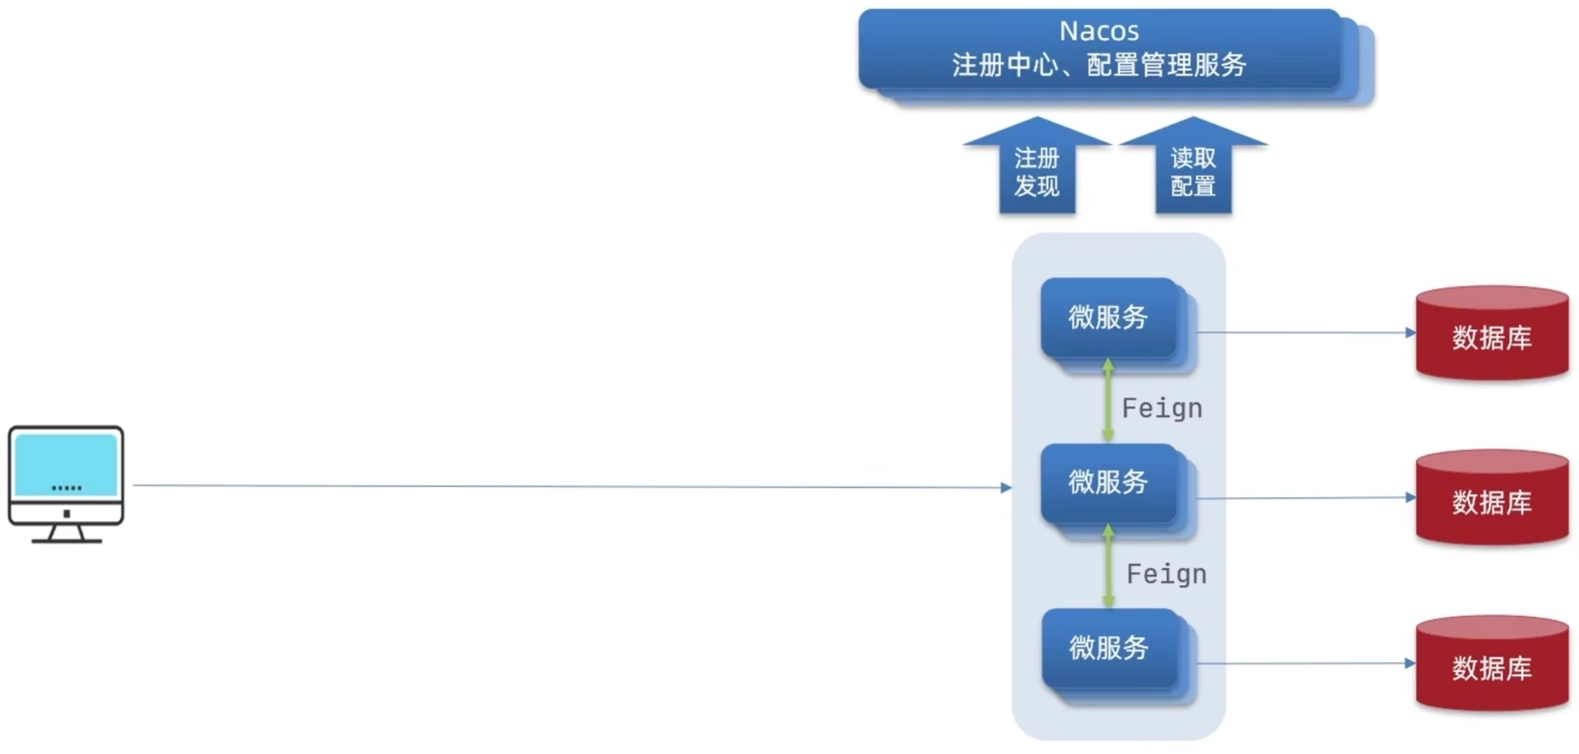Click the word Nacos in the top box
point(1098,31)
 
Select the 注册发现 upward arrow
point(1037,171)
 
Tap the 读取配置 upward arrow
point(1193,171)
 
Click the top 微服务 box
point(1108,317)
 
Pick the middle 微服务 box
point(1108,483)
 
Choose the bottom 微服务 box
point(1109,648)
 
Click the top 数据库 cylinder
point(1492,334)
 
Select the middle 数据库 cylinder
point(1492,500)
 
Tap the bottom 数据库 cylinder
point(1492,665)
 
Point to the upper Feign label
point(1162,408)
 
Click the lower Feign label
point(1166,574)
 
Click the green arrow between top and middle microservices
point(1107,401)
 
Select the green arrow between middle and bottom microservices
point(1108,567)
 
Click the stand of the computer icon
point(66,533)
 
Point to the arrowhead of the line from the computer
point(1006,487)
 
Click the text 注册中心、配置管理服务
point(1098,65)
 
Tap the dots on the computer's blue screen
point(66,487)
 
